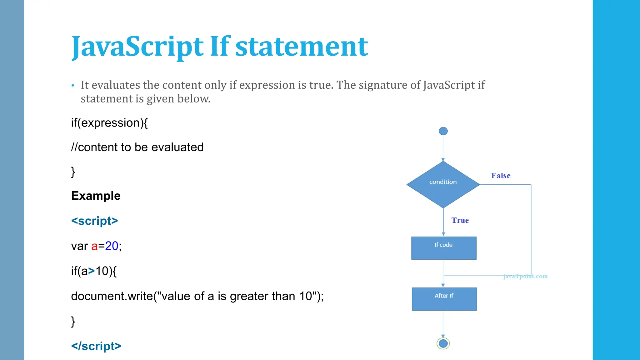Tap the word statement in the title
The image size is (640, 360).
click(x=302, y=47)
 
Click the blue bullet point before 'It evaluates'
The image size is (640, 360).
click(x=73, y=85)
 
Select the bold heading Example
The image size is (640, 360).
click(x=96, y=196)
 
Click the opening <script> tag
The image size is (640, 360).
click(x=94, y=221)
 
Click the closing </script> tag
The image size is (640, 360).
click(x=96, y=346)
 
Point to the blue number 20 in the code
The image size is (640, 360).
click(x=112, y=246)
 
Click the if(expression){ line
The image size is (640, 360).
click(x=109, y=123)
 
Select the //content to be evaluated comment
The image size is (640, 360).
click(x=137, y=147)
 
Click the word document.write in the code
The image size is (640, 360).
click(x=112, y=296)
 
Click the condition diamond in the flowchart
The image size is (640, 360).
click(x=443, y=184)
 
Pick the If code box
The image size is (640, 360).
click(x=444, y=248)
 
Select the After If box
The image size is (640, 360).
click(x=444, y=299)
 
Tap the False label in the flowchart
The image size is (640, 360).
click(x=500, y=176)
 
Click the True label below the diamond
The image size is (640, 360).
click(x=460, y=220)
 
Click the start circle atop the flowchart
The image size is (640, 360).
click(x=443, y=131)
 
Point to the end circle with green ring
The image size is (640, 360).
click(x=443, y=343)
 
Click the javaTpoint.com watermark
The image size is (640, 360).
click(x=525, y=276)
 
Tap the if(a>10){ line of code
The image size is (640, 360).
click(x=94, y=271)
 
